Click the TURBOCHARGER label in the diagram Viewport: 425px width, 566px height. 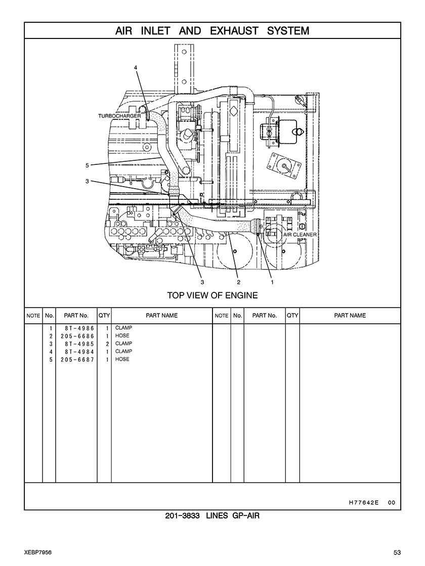click(x=119, y=116)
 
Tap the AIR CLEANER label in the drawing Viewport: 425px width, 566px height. click(x=300, y=235)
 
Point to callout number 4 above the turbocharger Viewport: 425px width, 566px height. click(x=136, y=67)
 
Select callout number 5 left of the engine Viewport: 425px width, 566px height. click(x=87, y=165)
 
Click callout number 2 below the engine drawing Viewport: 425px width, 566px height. click(x=238, y=282)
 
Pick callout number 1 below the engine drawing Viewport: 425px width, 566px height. click(x=272, y=282)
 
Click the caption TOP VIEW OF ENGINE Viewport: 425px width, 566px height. click(x=212, y=295)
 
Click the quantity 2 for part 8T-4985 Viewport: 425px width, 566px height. click(x=107, y=344)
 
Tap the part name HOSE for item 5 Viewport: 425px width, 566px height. click(x=122, y=359)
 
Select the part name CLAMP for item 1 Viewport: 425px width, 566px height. click(x=123, y=328)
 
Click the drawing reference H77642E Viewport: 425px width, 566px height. click(x=364, y=503)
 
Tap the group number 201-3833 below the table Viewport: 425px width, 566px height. click(x=183, y=516)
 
